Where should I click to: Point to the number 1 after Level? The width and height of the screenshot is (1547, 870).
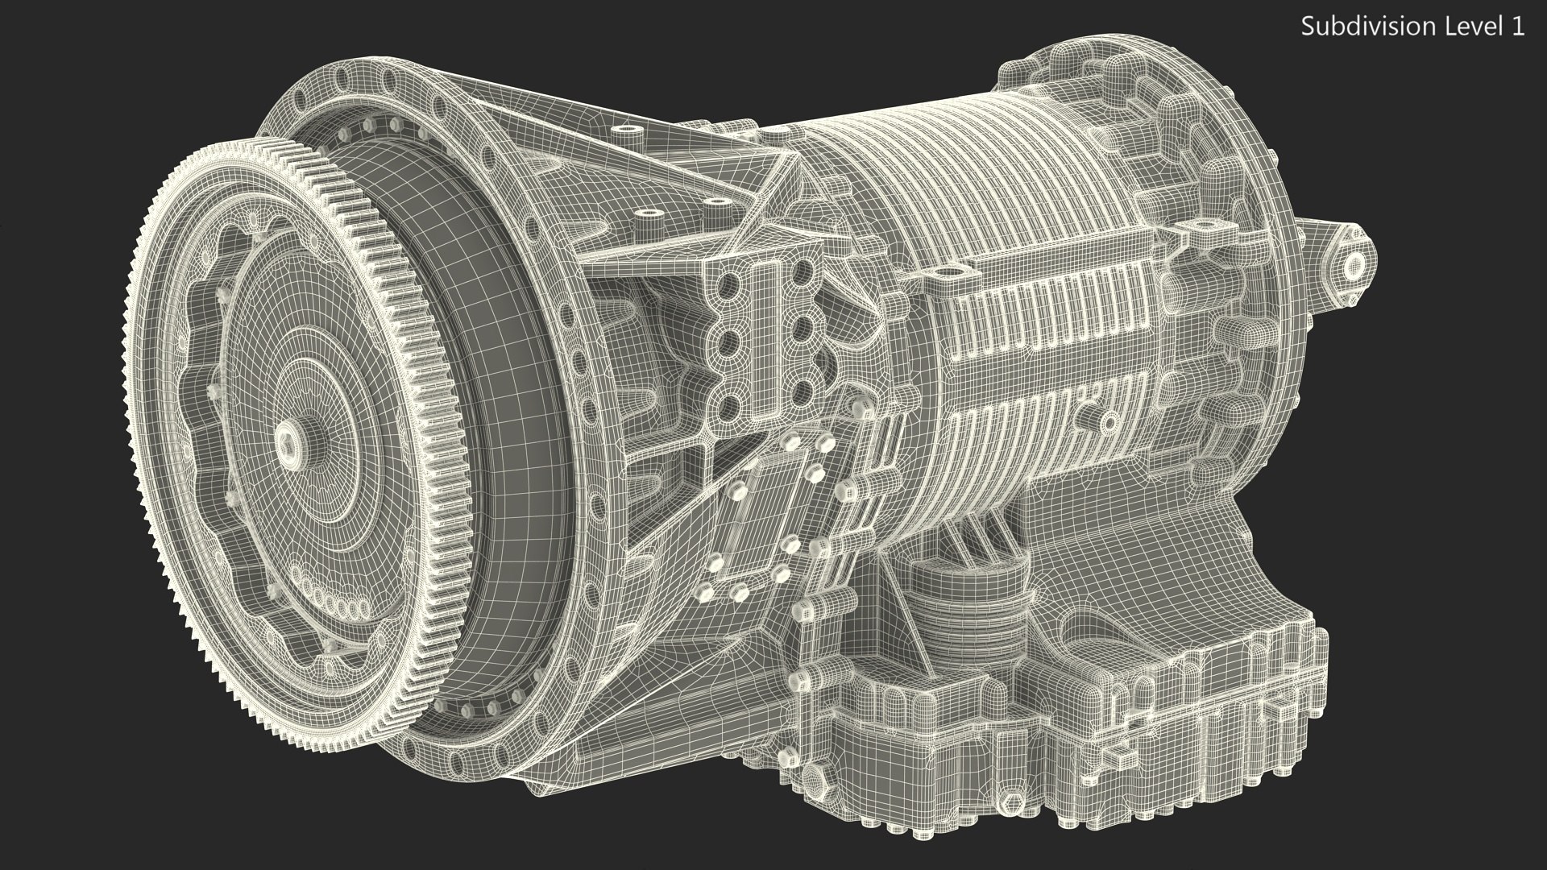(x=1516, y=27)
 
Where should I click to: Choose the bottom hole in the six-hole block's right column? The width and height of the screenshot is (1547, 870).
(x=800, y=392)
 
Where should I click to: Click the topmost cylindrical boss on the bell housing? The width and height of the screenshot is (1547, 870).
(x=624, y=130)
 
